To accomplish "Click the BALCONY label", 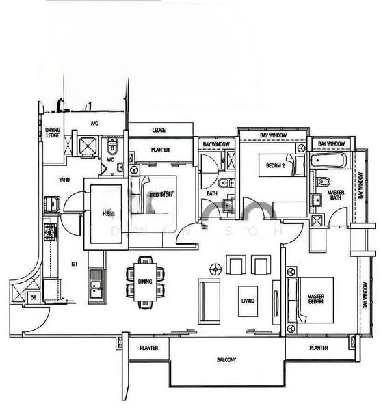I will coord(226,360).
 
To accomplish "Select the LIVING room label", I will coord(247,300).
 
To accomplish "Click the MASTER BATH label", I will coord(335,195).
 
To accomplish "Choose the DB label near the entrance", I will coord(34,297).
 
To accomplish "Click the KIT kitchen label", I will coord(75,264).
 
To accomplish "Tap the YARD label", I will coord(64,180).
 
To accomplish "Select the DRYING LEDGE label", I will coord(53,133).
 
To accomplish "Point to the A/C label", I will coord(95,123).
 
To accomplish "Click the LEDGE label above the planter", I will coord(159,130).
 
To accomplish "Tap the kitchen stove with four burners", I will coord(51,233).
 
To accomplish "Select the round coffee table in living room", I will coord(215,268).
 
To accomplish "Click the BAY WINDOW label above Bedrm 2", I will coord(272,136).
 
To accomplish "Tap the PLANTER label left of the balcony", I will coord(148,348).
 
